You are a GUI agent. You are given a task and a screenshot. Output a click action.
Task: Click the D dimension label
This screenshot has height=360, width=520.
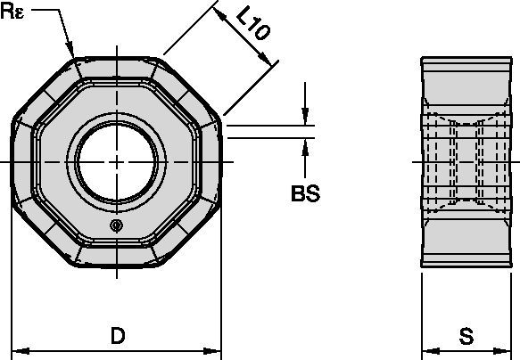click(x=116, y=336)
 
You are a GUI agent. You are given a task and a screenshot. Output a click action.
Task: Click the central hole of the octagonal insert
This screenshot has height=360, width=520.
click(x=119, y=161)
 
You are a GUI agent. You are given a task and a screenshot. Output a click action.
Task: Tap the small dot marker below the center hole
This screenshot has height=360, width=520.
click(x=116, y=226)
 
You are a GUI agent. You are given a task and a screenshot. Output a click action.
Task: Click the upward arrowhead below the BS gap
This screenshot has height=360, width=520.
click(x=305, y=146)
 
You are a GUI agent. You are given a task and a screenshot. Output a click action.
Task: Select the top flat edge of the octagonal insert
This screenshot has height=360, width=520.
click(x=119, y=58)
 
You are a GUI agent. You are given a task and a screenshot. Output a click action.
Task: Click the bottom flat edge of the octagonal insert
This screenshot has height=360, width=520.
click(x=119, y=265)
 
